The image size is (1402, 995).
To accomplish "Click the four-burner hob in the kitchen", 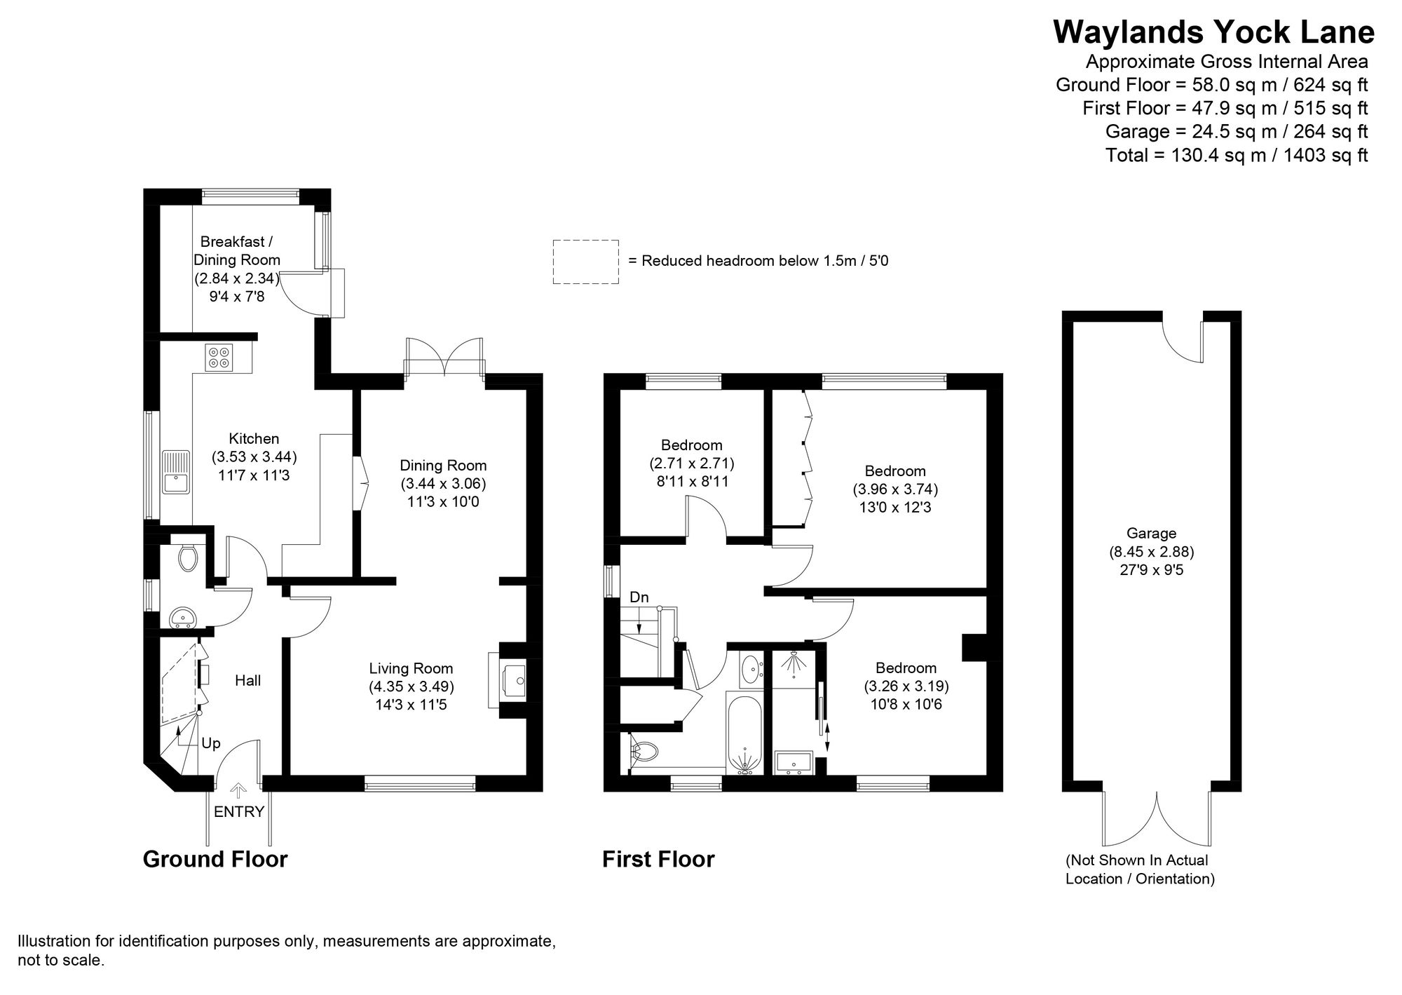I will coord(219,358).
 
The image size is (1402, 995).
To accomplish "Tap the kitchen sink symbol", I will coord(175,473).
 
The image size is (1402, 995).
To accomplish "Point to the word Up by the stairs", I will coord(211,743).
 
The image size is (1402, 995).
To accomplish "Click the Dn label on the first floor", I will coord(639,597).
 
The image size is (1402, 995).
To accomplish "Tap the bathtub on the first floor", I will coord(745,733).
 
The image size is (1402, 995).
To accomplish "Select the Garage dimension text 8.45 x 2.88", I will coord(1151,552).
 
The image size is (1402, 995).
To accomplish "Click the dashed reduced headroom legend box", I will coord(585,262).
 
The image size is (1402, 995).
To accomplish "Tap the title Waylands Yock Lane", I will coord(1213,32).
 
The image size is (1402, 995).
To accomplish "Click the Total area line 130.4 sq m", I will coord(1236,155).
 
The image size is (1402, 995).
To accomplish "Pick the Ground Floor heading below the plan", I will coord(215,859).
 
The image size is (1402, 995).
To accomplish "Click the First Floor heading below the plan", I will coord(658,859).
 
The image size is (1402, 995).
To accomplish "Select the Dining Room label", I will coord(443,466).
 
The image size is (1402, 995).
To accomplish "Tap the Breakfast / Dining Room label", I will coord(236,250).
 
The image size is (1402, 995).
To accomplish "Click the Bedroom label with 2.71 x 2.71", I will coord(691,445).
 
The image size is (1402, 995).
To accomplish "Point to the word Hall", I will coord(247,680).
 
